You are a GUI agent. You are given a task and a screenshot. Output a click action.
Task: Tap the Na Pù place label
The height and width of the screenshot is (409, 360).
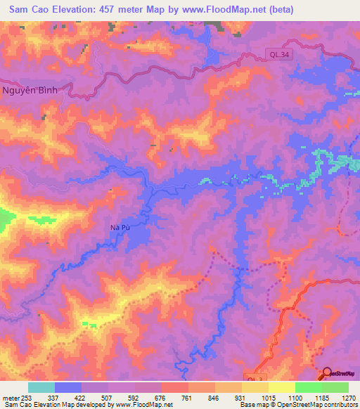tap(121, 227)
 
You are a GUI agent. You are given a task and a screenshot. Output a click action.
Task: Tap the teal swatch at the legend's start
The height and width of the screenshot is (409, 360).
tap(41, 387)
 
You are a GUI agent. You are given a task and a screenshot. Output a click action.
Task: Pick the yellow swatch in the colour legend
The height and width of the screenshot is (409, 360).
tap(281, 387)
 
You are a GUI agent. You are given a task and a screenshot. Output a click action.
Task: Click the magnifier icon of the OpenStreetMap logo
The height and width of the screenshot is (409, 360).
tap(326, 372)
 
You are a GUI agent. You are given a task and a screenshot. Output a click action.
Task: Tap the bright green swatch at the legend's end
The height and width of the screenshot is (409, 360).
tap(335, 387)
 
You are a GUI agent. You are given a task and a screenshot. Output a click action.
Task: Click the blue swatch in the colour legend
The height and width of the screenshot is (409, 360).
tap(68, 387)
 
